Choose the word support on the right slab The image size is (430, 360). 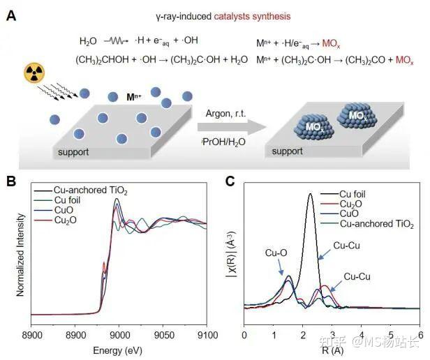click(x=288, y=151)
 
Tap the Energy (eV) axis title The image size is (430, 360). click(x=118, y=350)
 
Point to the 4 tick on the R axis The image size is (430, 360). click(x=362, y=336)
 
